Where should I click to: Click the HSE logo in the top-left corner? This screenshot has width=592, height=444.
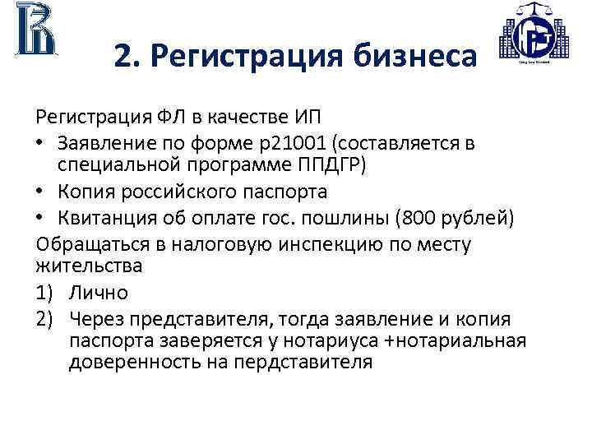click(35, 31)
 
